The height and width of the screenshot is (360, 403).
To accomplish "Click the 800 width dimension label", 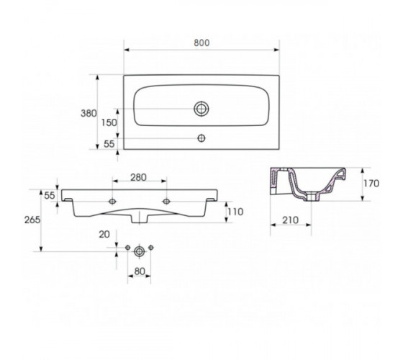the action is [201, 42].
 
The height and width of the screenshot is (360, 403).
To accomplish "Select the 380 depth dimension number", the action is [89, 114].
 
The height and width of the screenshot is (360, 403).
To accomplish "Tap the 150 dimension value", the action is [109, 122].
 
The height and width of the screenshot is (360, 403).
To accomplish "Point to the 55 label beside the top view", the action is [109, 144].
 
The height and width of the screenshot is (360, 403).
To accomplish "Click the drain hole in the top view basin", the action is [201, 109].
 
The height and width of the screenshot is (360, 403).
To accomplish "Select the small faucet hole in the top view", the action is [201, 138].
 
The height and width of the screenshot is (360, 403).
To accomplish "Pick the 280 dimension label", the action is [138, 177].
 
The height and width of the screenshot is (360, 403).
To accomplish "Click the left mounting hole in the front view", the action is [112, 202].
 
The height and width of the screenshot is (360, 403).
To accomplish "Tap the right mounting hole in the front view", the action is [166, 202].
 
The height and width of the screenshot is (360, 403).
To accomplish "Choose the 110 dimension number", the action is [235, 212].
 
